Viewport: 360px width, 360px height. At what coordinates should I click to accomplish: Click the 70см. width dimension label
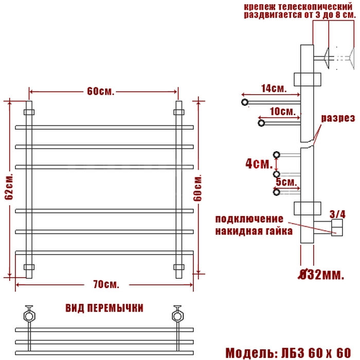[106, 285]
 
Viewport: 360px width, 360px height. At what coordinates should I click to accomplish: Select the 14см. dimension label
[274, 88]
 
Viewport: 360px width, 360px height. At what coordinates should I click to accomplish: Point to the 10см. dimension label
[283, 112]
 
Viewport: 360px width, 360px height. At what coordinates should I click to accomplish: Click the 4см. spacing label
[259, 164]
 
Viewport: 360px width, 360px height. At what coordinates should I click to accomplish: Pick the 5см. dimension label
[286, 182]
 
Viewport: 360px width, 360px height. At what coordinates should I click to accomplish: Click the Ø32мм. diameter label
[321, 275]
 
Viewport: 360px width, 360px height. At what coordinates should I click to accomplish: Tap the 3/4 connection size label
[337, 214]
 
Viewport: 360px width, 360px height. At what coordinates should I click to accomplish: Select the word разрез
[338, 118]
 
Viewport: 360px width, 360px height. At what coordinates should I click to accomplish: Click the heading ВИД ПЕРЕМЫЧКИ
[104, 308]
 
